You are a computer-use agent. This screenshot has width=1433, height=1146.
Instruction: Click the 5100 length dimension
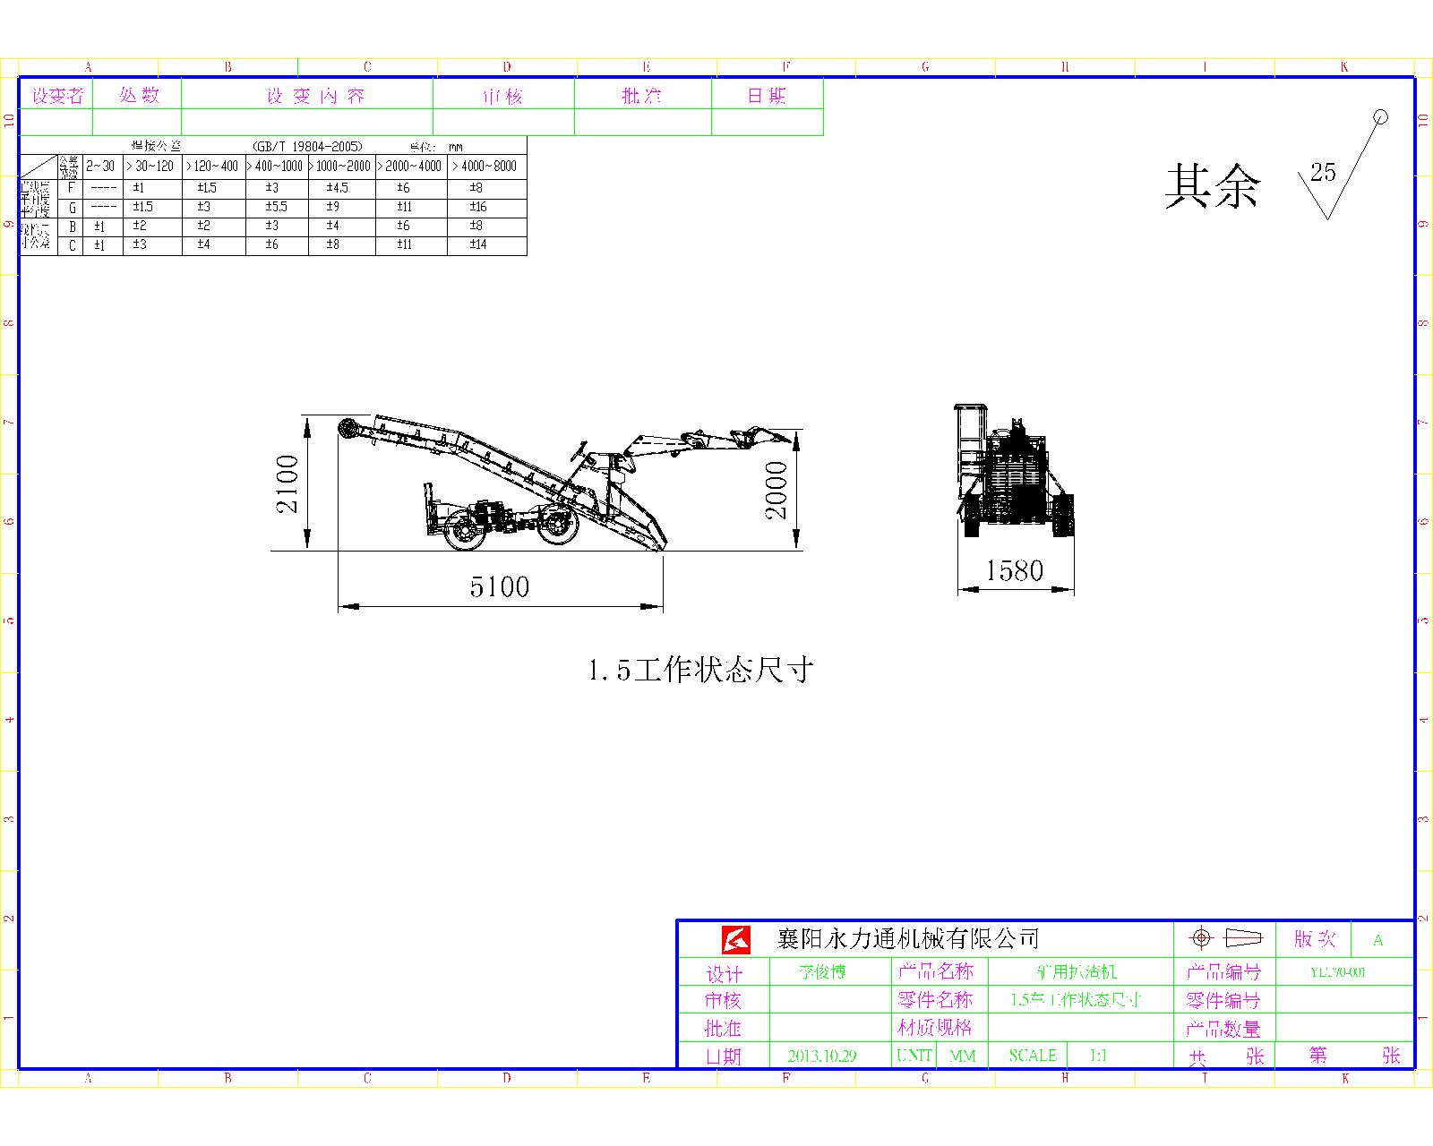point(500,587)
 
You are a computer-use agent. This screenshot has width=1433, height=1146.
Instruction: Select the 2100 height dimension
point(287,484)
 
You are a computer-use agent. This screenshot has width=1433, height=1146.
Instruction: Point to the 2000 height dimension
point(776,491)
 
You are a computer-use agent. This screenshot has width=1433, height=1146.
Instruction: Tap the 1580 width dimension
point(1015,571)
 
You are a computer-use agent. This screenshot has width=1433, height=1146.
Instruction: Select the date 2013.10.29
point(821,1056)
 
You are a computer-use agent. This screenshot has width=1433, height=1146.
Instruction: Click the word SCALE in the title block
point(1032,1056)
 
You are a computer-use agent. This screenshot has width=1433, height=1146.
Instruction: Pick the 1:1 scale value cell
point(1098,1056)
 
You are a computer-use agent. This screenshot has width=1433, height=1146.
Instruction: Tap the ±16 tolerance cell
point(478,207)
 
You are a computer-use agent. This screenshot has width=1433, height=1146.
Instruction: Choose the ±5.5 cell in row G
point(276,207)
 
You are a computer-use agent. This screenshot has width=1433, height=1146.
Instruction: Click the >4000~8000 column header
point(485,167)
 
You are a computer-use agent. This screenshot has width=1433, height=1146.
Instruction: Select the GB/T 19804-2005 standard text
point(307,146)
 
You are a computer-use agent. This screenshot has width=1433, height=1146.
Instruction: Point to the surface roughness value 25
point(1322,172)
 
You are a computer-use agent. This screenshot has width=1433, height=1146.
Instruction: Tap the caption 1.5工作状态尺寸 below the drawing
point(700,670)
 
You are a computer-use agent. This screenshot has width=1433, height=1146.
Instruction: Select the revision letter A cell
point(1378,940)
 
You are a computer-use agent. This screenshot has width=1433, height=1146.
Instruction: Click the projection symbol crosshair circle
point(1201,938)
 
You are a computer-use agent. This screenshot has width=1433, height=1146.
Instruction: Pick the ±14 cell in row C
point(478,244)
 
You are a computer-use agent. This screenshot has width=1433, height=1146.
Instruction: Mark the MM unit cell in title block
point(962,1056)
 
